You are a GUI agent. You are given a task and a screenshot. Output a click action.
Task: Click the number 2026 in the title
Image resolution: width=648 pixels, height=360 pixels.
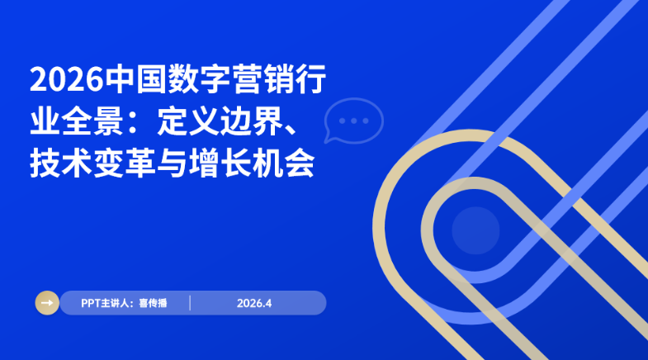66,81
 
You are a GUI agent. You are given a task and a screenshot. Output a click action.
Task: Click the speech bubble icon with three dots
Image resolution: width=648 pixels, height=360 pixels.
353,121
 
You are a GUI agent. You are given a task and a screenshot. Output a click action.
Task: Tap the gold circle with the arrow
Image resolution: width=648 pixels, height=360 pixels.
47,303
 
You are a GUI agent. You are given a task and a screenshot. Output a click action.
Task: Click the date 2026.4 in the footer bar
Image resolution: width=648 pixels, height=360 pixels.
254,303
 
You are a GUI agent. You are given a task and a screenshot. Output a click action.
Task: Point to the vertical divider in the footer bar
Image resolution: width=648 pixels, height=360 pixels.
190,303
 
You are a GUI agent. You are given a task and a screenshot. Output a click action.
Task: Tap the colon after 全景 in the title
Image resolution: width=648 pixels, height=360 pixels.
144,123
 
